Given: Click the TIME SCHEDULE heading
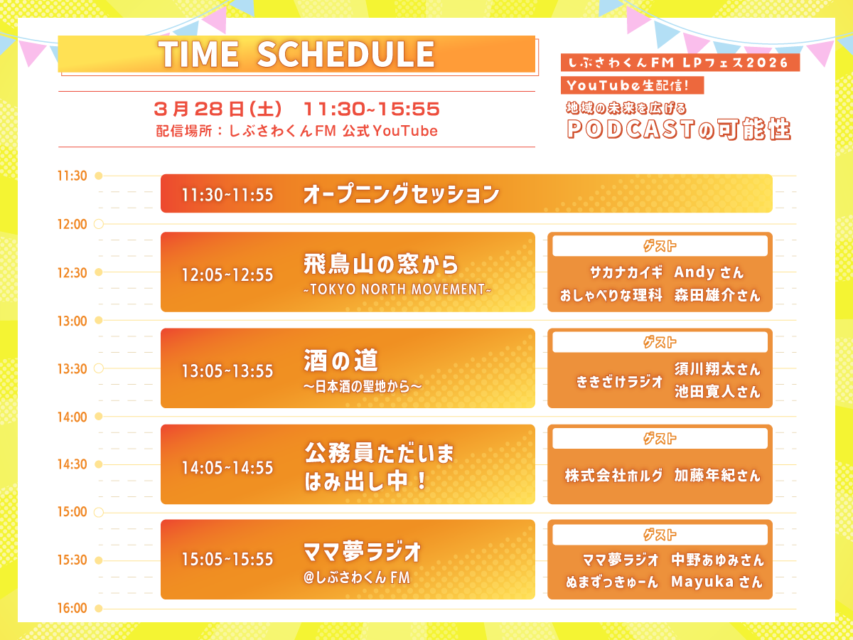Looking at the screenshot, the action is [x=296, y=54].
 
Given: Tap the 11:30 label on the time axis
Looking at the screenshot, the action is [x=73, y=176].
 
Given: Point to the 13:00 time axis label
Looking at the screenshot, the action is [x=73, y=321].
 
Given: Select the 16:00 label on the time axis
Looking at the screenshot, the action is [x=73, y=608].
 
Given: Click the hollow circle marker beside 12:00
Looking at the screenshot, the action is [x=99, y=224].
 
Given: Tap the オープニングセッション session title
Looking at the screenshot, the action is [x=401, y=194].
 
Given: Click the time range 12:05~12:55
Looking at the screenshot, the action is [x=227, y=275].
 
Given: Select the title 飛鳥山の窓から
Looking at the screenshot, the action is [x=381, y=265].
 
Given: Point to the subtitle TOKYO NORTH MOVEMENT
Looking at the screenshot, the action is [x=397, y=289].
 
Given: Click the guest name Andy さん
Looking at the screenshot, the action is [x=709, y=272].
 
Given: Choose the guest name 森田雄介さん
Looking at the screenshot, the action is [x=717, y=295].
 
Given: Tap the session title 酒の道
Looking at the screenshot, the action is [x=340, y=361].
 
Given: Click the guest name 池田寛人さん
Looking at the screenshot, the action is [x=717, y=392].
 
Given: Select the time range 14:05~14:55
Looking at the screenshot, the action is [x=227, y=468].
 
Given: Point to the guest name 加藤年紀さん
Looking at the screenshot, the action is [x=717, y=475].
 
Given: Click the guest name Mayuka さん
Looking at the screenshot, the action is [x=717, y=582].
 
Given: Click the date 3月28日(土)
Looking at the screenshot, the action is [x=218, y=110].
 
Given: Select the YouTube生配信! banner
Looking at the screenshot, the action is [x=632, y=85].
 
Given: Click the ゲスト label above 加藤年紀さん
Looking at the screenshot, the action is [x=660, y=439].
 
